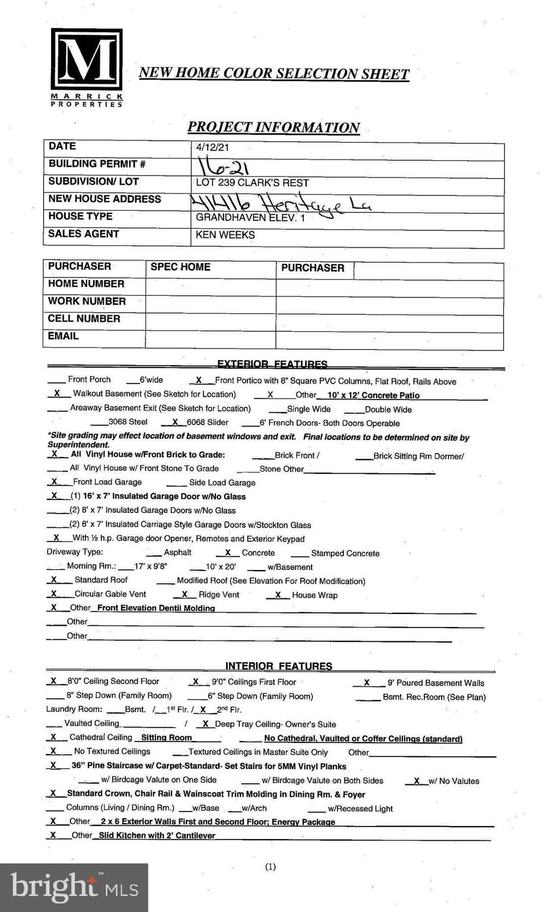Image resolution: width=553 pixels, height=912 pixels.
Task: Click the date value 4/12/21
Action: pyautogui.click(x=212, y=147)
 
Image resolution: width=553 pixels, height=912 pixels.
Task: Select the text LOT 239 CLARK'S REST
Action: pyautogui.click(x=252, y=183)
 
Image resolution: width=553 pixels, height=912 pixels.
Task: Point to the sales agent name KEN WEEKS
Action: pyautogui.click(x=225, y=235)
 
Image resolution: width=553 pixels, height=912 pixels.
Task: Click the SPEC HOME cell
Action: pyautogui.click(x=180, y=267)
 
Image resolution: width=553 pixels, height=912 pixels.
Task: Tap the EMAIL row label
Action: pyautogui.click(x=63, y=336)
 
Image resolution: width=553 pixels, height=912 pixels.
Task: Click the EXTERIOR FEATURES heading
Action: pyautogui.click(x=272, y=364)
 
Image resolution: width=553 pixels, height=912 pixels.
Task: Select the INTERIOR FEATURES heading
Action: pyautogui.click(x=278, y=666)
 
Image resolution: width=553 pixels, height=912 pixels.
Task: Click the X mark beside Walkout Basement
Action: pyautogui.click(x=57, y=393)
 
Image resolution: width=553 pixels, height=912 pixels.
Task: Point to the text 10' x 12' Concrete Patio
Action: pyautogui.click(x=373, y=395)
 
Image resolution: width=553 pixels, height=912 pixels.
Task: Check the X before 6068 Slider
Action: pyautogui.click(x=175, y=422)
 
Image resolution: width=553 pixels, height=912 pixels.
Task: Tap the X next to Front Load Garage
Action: pyautogui.click(x=55, y=482)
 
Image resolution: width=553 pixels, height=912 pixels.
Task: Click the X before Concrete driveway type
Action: pyautogui.click(x=228, y=552)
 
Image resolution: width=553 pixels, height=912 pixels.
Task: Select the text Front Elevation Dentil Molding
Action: pyautogui.click(x=156, y=608)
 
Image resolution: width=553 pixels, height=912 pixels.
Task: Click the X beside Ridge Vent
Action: pyautogui.click(x=185, y=594)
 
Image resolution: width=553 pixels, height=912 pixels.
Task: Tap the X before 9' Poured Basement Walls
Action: pyautogui.click(x=367, y=683)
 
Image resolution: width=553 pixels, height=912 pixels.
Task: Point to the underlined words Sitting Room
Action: pyautogui.click(x=166, y=737)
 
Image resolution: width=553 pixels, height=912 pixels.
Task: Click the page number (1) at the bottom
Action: pyautogui.click(x=271, y=867)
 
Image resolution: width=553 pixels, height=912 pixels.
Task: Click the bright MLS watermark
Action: pyautogui.click(x=74, y=887)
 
